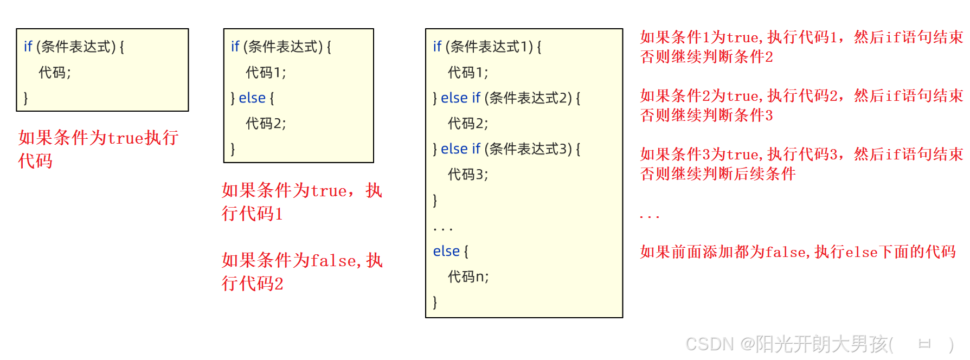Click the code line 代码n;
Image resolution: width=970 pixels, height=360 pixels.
(468, 277)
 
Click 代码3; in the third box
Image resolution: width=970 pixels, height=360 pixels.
(467, 175)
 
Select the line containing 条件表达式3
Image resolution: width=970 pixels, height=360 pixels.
(506, 149)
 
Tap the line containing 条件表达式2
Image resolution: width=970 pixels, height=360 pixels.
(506, 98)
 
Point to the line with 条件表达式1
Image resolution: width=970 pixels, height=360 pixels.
(487, 47)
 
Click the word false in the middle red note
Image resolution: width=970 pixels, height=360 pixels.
(333, 261)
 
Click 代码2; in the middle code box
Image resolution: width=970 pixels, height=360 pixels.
(266, 124)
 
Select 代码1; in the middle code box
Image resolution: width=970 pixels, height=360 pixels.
(266, 73)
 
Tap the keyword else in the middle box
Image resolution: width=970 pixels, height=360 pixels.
(252, 98)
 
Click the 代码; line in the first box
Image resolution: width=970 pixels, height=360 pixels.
(55, 73)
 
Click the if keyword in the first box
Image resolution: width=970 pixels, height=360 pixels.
(28, 47)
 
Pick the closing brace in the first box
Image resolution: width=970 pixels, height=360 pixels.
(25, 98)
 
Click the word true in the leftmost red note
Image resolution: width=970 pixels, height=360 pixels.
(126, 138)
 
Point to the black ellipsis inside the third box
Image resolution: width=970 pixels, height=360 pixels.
(442, 229)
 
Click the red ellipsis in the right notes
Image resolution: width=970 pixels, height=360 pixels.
(649, 217)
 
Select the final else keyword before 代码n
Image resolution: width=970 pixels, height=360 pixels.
(446, 252)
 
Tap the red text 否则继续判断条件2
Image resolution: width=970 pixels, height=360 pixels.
(706, 57)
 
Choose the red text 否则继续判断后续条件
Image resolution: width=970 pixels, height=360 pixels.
(718, 174)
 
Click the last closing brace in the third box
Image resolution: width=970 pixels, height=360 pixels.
(435, 303)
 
